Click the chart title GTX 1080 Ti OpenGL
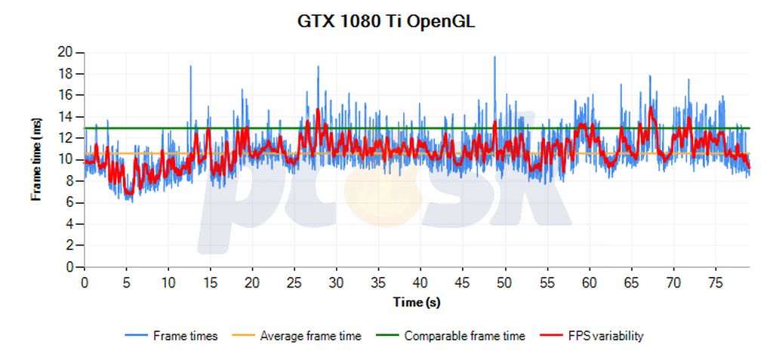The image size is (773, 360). click(x=386, y=21)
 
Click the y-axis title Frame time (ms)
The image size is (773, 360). click(x=35, y=158)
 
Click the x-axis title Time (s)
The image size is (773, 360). click(x=417, y=303)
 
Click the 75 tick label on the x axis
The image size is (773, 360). click(x=716, y=282)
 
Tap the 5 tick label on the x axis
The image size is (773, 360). click(x=127, y=282)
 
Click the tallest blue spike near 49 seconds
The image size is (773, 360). click(x=494, y=58)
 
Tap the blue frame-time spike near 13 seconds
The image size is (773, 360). click(x=190, y=67)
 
